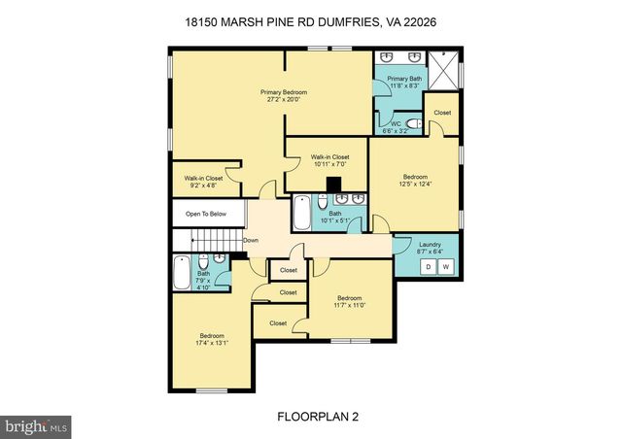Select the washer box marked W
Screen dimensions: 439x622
point(446,266)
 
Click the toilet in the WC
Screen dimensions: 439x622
point(413,123)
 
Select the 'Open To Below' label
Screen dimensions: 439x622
point(199,214)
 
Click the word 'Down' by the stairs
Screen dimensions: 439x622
point(250,240)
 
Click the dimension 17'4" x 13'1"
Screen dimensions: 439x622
point(212,343)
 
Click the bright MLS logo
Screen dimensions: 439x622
point(37,424)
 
